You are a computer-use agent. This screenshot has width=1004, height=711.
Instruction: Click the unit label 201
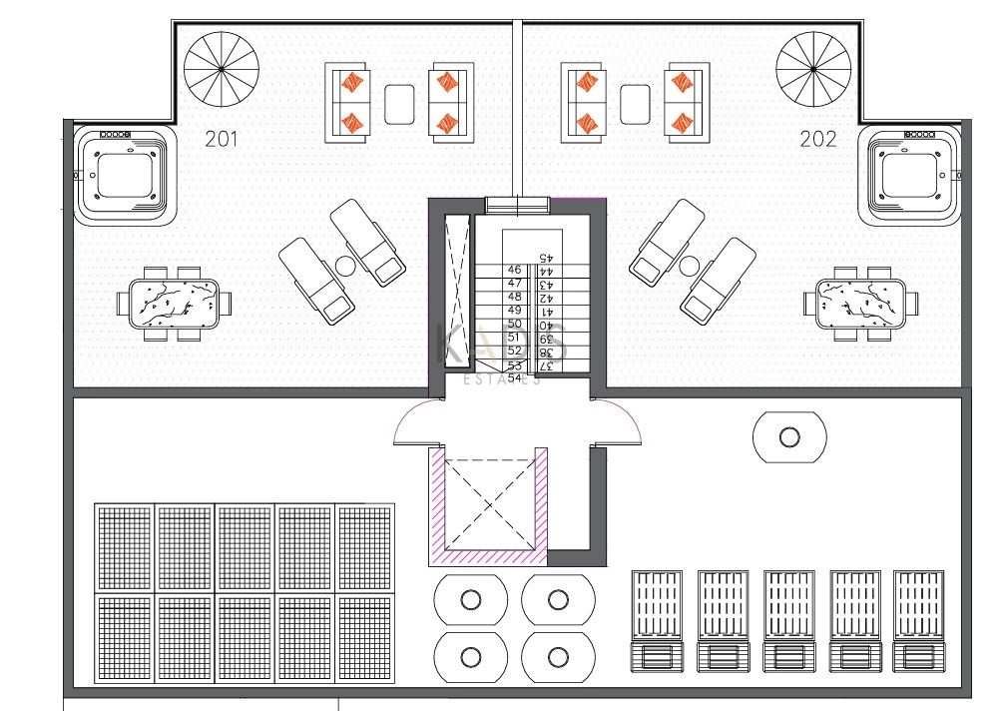point(221,140)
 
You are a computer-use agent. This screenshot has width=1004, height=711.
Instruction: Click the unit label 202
point(818,140)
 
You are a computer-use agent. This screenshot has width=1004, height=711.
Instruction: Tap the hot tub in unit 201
point(124,176)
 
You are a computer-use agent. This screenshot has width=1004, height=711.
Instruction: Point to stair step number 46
point(515,271)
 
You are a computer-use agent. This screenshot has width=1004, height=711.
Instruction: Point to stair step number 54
point(515,378)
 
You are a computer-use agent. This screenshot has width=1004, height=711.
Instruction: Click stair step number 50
point(515,325)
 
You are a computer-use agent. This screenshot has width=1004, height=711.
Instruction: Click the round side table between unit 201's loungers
point(345,266)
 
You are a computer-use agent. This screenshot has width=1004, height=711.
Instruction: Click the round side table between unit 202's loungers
point(688,266)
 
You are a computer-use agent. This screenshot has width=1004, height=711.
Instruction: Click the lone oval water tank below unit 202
point(789,437)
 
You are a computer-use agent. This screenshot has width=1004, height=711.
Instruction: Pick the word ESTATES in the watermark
point(504,379)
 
